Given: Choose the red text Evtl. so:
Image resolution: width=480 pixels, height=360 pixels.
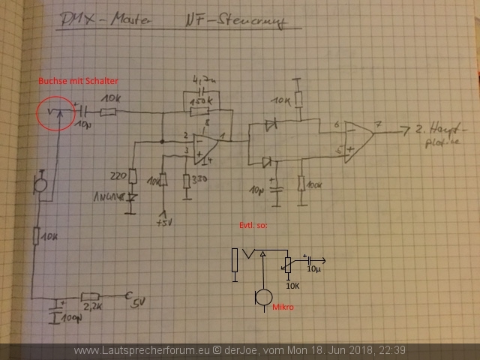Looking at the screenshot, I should coord(253,225).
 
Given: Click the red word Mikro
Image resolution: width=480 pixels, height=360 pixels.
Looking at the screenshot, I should coord(283,307).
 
